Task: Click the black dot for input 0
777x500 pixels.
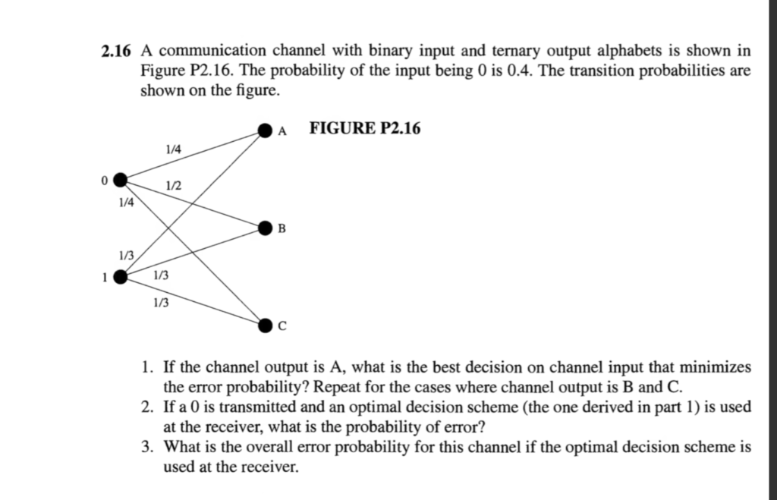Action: [x=119, y=179]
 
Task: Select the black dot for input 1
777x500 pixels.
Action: [x=119, y=277]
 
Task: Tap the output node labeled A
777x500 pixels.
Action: [x=264, y=131]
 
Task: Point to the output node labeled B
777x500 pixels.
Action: [x=264, y=227]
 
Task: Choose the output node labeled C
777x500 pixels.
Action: [x=264, y=325]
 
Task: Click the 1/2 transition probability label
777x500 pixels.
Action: [x=173, y=186]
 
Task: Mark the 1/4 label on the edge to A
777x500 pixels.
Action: [x=173, y=149]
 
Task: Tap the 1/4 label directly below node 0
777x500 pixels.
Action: [x=125, y=203]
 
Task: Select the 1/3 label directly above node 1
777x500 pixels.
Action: [x=125, y=256]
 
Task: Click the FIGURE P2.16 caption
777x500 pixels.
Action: [x=364, y=128]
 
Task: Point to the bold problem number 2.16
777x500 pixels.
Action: [x=116, y=52]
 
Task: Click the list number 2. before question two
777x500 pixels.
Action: [x=149, y=407]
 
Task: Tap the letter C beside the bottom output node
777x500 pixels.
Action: [x=283, y=327]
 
